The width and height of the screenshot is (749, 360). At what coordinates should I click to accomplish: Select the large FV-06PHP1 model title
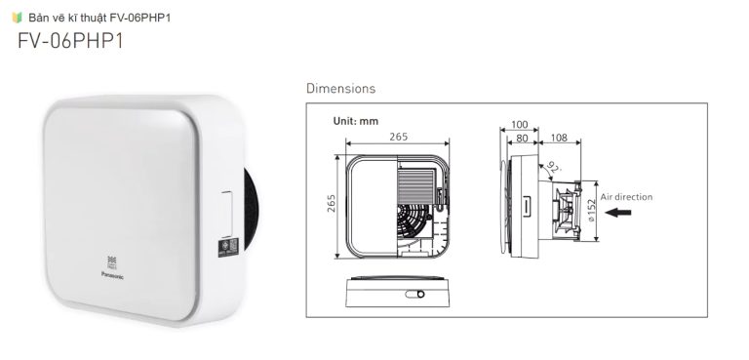pyautogui.click(x=70, y=42)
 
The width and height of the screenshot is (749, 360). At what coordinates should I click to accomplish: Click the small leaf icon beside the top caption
pyautogui.click(x=16, y=17)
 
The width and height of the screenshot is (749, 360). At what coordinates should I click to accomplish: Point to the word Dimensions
pyautogui.click(x=340, y=89)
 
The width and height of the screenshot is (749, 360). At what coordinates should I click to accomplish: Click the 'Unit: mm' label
pyautogui.click(x=356, y=121)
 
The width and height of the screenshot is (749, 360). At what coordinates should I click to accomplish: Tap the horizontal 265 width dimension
pyautogui.click(x=398, y=138)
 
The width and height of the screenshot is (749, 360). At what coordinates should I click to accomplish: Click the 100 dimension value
pyautogui.click(x=519, y=125)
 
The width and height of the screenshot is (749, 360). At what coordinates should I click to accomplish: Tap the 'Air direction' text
pyautogui.click(x=626, y=197)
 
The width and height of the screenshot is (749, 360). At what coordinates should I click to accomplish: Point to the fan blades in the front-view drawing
pyautogui.click(x=414, y=225)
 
